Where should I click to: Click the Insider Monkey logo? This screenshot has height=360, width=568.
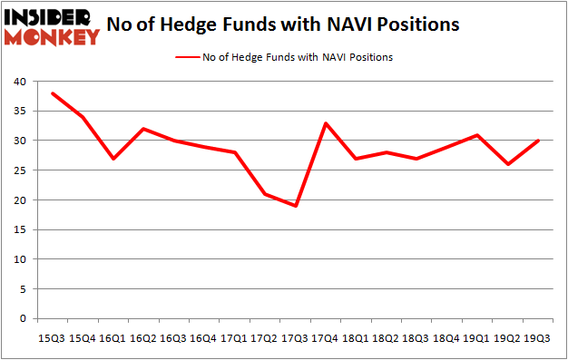(x=52, y=25)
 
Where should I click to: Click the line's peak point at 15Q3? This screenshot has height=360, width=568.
(x=52, y=93)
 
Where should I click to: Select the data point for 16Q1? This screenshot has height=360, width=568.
(x=114, y=159)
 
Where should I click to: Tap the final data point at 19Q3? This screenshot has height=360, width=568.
(x=539, y=141)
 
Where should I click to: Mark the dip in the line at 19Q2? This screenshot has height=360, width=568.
(x=508, y=164)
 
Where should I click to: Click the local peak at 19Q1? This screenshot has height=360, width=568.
(x=476, y=135)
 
